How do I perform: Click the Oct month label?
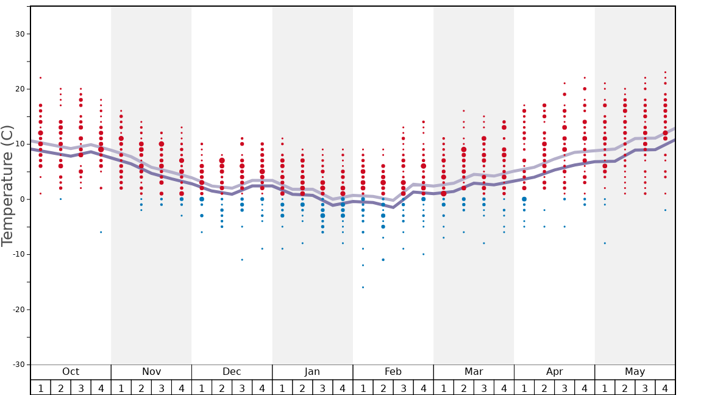(x=71, y=372)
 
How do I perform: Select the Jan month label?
(x=312, y=372)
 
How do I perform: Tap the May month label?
(x=635, y=372)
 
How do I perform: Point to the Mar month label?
(x=474, y=372)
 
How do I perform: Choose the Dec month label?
(x=232, y=372)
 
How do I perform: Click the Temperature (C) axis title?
(x=7, y=185)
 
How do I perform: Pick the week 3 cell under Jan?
(x=322, y=388)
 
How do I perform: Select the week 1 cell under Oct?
(x=40, y=388)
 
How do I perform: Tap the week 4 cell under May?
(x=665, y=388)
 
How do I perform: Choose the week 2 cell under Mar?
(x=463, y=388)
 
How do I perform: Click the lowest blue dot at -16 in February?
(x=363, y=287)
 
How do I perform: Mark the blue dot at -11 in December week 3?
(x=242, y=260)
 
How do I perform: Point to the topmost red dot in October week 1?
(x=40, y=77)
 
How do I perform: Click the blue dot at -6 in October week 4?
(x=101, y=232)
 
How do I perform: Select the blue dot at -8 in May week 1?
(x=605, y=243)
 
